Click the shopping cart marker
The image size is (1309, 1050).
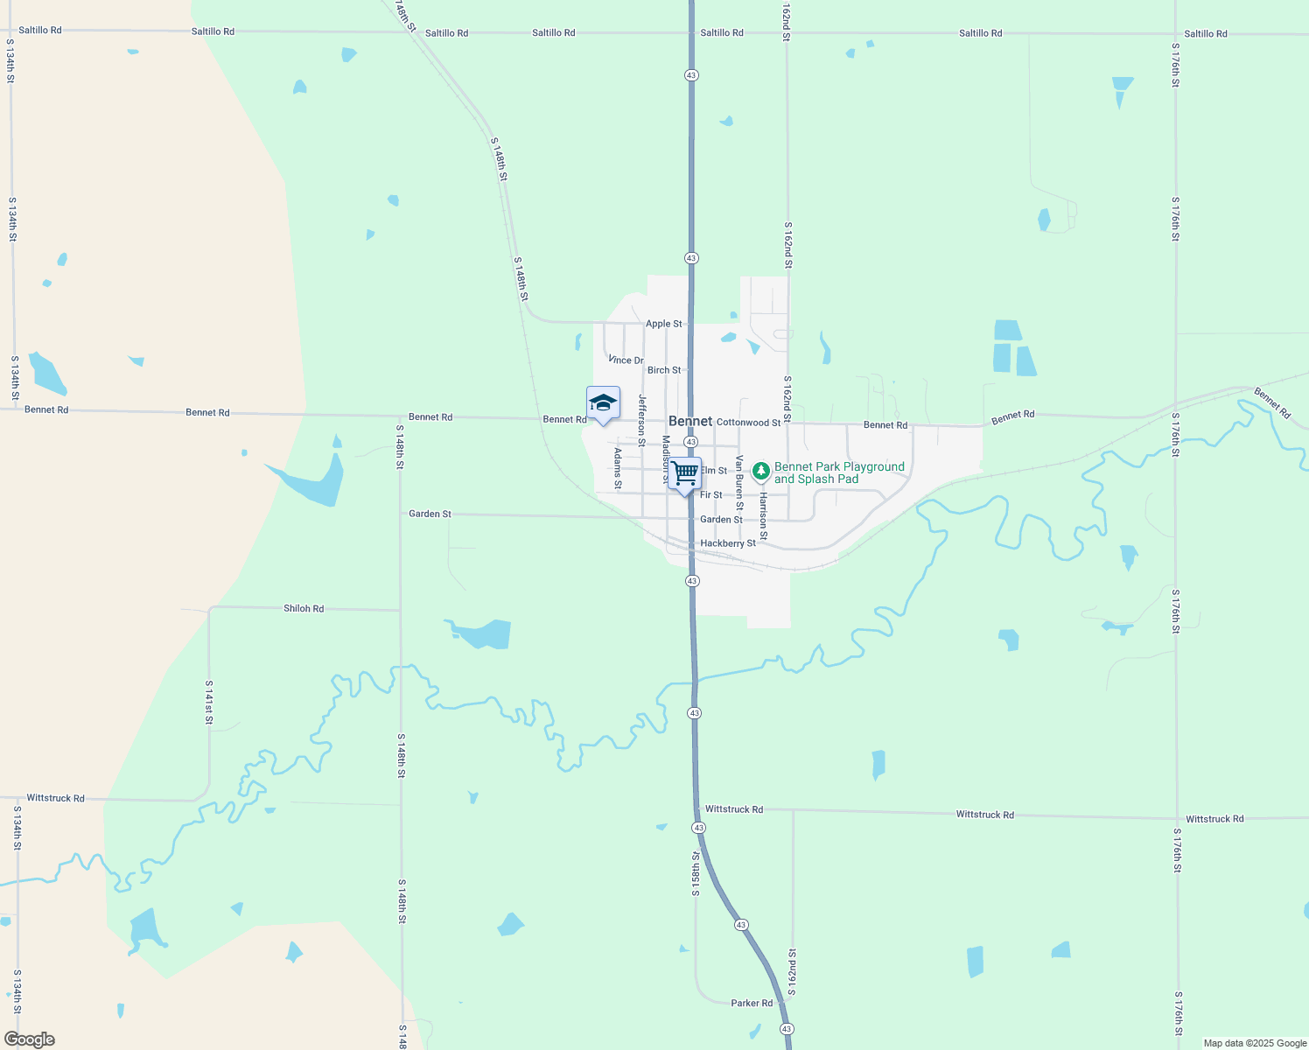[x=685, y=473]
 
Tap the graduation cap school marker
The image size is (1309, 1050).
[x=603, y=403]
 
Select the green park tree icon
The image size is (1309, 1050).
[x=761, y=472]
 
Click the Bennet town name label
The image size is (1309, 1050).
[x=690, y=421]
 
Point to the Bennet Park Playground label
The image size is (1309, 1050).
[x=838, y=472]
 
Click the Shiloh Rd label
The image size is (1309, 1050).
[x=304, y=608]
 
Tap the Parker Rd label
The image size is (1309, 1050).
[x=752, y=1003]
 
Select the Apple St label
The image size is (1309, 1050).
[x=663, y=324]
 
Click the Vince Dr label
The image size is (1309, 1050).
[x=626, y=360]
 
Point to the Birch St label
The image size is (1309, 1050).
[x=663, y=370]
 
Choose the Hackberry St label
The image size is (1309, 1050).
[x=728, y=543]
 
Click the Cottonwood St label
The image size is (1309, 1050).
[x=748, y=423]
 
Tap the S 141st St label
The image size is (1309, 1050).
[x=209, y=702]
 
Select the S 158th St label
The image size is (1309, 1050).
[x=696, y=873]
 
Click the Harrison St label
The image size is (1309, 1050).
[x=763, y=515]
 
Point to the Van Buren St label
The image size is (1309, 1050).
[x=739, y=482]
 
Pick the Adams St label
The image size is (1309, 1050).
[x=618, y=468]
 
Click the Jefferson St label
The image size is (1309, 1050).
[x=641, y=420]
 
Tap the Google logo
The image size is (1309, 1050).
[x=30, y=1039]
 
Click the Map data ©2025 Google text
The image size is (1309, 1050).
[x=1255, y=1043]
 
